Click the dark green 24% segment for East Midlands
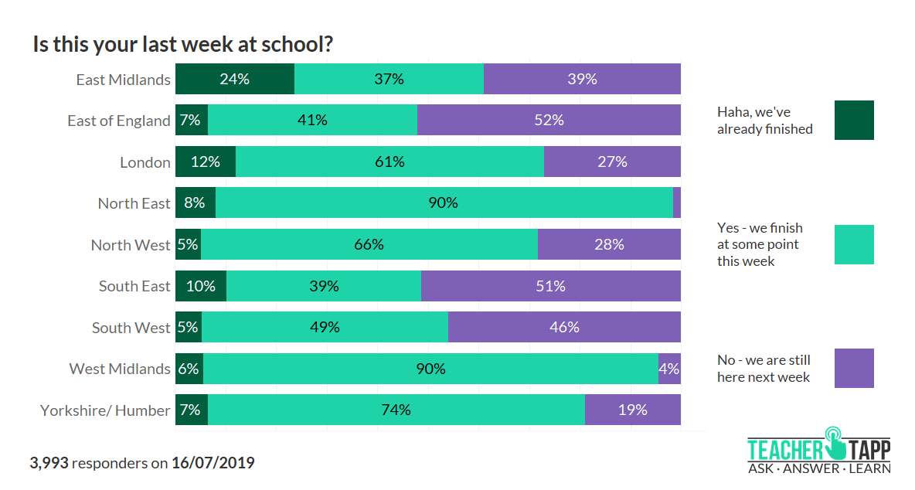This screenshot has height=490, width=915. [235, 79]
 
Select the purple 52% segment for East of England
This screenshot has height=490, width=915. [549, 121]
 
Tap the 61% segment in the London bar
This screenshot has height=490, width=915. [389, 162]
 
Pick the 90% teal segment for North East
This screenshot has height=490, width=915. [444, 203]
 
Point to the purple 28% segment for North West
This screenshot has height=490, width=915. [609, 244]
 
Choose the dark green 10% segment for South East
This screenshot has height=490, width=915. [201, 286]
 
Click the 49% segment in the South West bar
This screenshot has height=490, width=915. [325, 327]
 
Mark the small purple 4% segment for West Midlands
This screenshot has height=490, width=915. [669, 369]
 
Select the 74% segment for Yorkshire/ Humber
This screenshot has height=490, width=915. [396, 410]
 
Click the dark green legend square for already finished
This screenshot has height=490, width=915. [854, 120]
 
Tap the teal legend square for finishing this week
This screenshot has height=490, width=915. [854, 244]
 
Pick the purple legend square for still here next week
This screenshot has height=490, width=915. [854, 368]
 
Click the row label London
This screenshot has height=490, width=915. [145, 162]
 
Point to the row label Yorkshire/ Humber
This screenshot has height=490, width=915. [105, 410]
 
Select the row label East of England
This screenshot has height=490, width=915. [119, 121]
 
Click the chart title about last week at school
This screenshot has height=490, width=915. [183, 44]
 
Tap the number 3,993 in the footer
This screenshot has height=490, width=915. [49, 463]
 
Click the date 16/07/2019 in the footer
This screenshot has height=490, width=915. [213, 463]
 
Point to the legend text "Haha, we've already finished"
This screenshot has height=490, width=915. [764, 121]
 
